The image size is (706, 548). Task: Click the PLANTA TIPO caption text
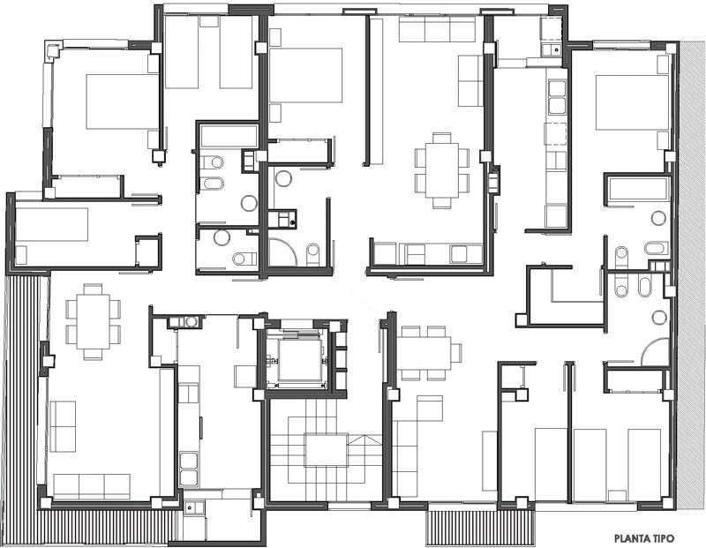pyautogui.click(x=644, y=538)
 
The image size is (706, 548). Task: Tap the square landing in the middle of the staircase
pyautogui.click(x=327, y=449)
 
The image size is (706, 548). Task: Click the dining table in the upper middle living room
pyautogui.click(x=442, y=170)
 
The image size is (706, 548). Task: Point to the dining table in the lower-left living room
pyautogui.click(x=94, y=321)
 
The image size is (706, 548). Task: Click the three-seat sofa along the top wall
pyautogui.click(x=437, y=29)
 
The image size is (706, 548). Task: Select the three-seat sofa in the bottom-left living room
pyautogui.click(x=92, y=486)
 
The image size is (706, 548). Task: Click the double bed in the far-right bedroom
pyautogui.click(x=632, y=102)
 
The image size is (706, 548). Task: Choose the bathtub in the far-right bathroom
pyautogui.click(x=637, y=189)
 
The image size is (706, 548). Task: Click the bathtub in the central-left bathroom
pyautogui.click(x=229, y=136)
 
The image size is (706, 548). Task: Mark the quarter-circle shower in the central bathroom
pyautogui.click(x=282, y=252)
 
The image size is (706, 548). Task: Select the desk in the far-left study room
pyautogui.click(x=52, y=225)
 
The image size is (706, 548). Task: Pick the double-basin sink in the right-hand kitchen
pyautogui.click(x=557, y=97)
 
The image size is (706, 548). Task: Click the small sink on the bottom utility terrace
pyautogui.click(x=194, y=508)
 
